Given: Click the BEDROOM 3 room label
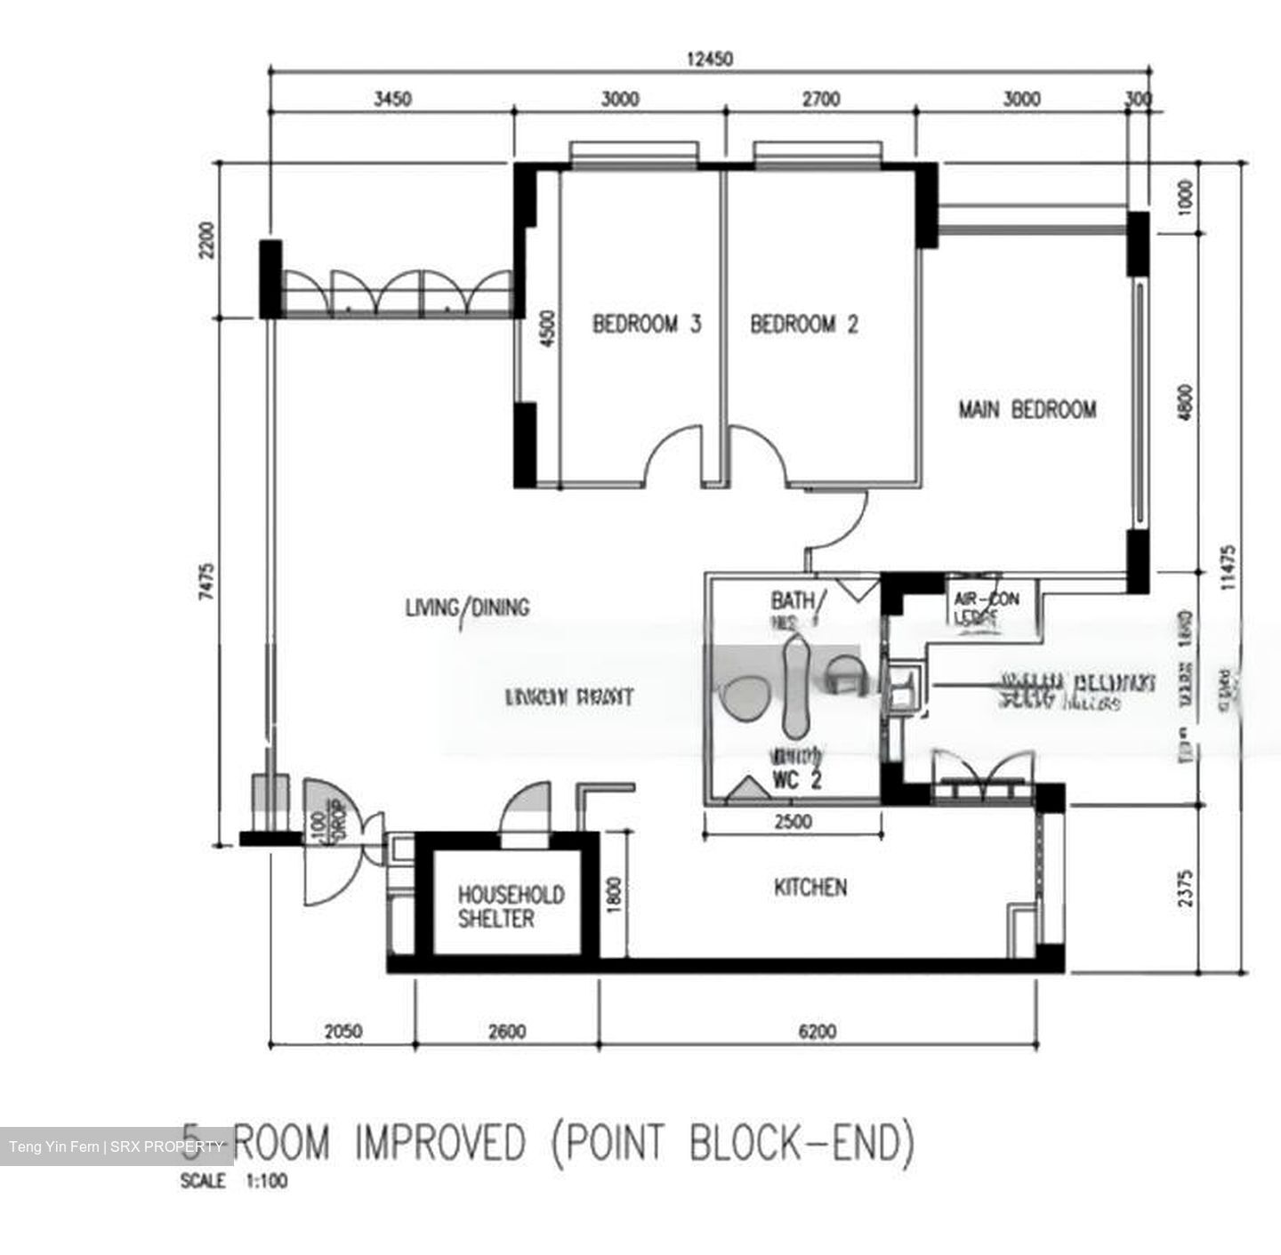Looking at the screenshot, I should tap(647, 324).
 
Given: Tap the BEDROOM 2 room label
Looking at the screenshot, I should tap(804, 324).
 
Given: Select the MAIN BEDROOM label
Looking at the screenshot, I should tap(1027, 410).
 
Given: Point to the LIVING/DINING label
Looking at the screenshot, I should tap(467, 607).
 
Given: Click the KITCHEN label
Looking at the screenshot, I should tap(810, 887).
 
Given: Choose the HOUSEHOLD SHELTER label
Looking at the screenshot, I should tap(511, 906).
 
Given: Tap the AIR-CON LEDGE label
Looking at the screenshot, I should tap(987, 609).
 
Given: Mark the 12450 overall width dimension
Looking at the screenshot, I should tap(709, 60).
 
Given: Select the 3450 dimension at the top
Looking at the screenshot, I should tap(391, 99).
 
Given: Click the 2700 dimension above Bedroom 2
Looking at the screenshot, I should tap(820, 99).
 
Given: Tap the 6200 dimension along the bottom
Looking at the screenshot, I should tap(818, 1032).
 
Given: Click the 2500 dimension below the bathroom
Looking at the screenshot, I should tap(792, 822).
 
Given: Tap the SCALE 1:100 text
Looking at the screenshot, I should tap(234, 1182).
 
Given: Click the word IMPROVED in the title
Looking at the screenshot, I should tap(440, 1142).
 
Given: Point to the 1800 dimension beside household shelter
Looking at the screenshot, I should tap(614, 894).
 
